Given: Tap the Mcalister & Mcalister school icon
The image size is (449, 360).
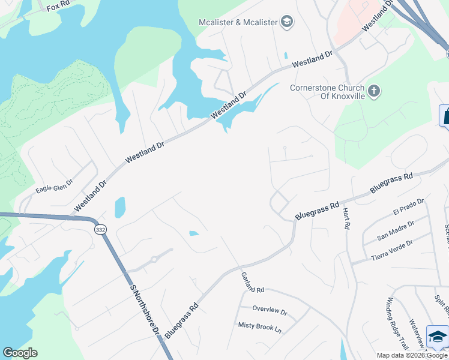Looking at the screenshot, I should [287, 22].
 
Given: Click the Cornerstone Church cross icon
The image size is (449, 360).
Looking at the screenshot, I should [374, 91].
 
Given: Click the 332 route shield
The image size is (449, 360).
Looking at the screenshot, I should [100, 229].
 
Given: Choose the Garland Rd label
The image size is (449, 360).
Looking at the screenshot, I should [253, 283].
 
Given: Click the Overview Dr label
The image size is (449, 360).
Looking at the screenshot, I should [270, 311].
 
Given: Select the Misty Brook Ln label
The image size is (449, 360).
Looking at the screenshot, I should [259, 329].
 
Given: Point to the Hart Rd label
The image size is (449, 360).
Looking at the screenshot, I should [346, 218].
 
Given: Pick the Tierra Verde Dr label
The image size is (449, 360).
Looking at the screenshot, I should [392, 250].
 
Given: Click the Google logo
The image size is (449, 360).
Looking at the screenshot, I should [20, 353].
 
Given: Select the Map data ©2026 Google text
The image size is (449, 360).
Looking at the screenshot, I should [412, 355].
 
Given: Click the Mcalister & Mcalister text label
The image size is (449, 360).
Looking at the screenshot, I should [238, 22].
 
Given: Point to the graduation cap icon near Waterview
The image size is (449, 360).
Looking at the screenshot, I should [438, 335].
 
